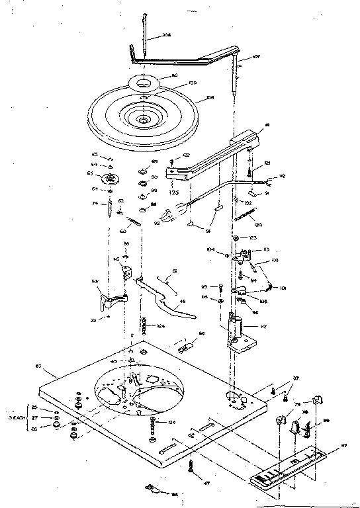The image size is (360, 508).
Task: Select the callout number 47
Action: (x=208, y=484)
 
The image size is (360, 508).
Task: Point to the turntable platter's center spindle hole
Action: (x=143, y=120)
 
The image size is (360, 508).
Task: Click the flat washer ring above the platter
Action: (x=144, y=83)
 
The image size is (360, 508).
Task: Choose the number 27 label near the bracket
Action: (x=35, y=418)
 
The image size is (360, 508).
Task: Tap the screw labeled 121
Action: (x=248, y=171)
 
